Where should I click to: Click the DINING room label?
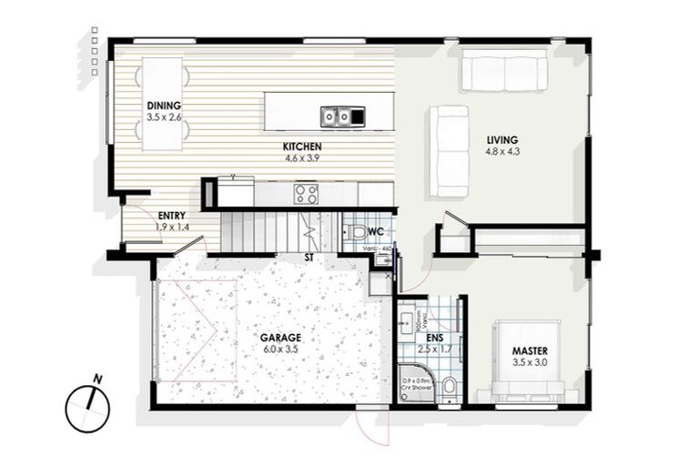pyautogui.click(x=164, y=105)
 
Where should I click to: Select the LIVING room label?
pyautogui.click(x=501, y=139)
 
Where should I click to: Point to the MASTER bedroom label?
pyautogui.click(x=529, y=350)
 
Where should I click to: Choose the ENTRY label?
pyautogui.click(x=171, y=216)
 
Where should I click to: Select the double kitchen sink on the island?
pyautogui.click(x=335, y=116)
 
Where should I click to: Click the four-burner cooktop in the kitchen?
pyautogui.click(x=305, y=193)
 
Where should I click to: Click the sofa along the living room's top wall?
pyautogui.click(x=504, y=71)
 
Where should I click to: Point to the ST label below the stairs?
pyautogui.click(x=309, y=258)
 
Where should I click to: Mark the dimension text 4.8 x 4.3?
pyautogui.click(x=501, y=152)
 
